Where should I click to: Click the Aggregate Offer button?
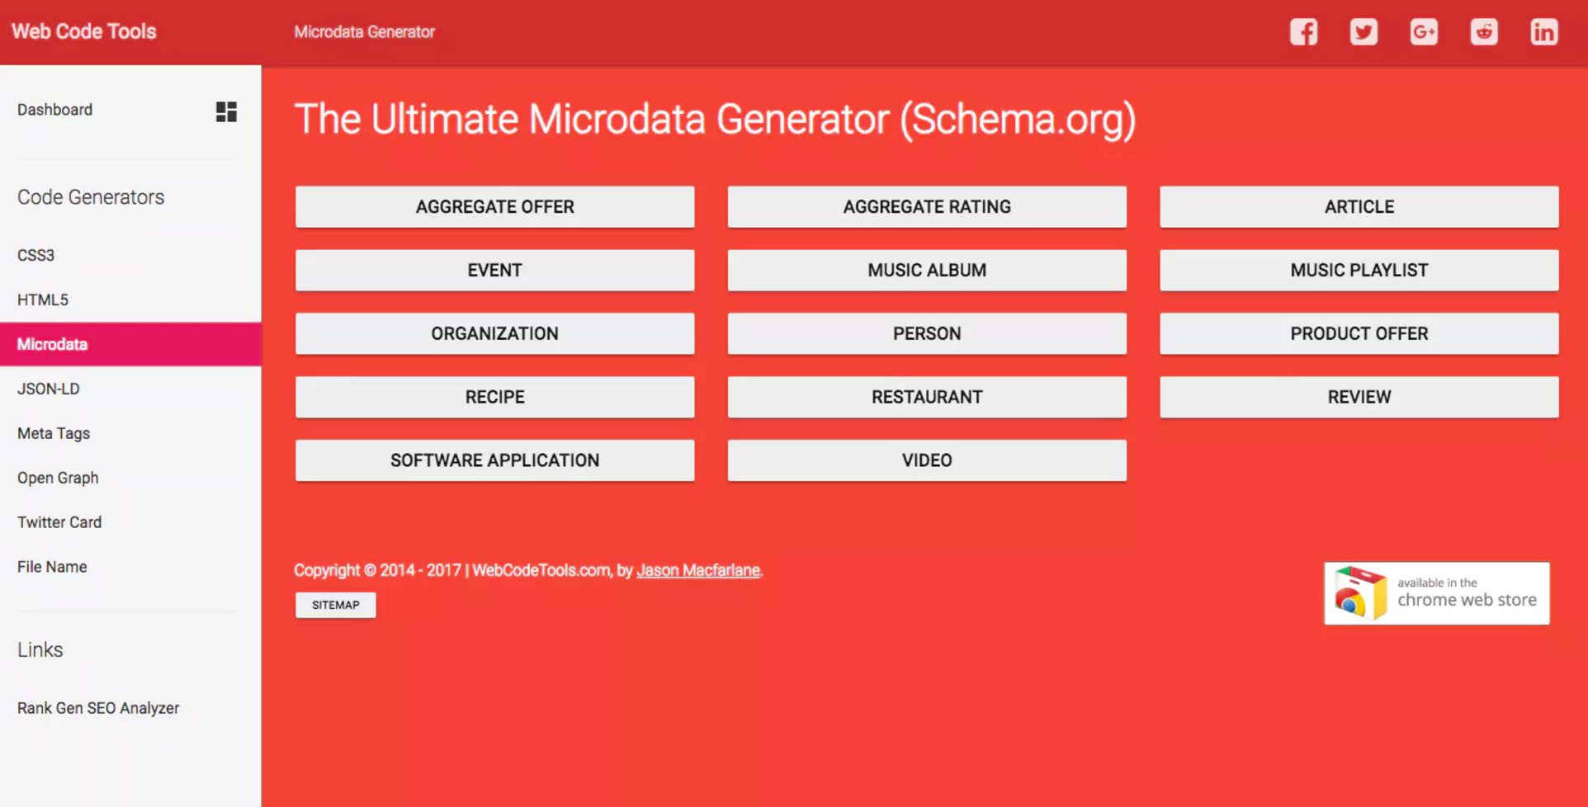tap(494, 207)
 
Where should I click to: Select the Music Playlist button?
tap(1359, 271)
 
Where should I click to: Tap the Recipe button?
tap(494, 397)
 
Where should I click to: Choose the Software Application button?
tap(494, 460)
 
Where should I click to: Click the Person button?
tap(926, 333)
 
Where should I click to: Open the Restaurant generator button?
tap(926, 397)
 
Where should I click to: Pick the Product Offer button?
tap(1359, 333)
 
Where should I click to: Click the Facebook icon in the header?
tap(1303, 32)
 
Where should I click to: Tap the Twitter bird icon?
tap(1364, 32)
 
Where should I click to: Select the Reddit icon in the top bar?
tap(1483, 32)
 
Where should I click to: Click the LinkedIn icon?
tap(1543, 32)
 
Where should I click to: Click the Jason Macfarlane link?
tap(698, 570)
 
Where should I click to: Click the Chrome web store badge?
tap(1436, 593)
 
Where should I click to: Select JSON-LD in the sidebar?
tap(49, 389)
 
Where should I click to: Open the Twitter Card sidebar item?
tap(59, 522)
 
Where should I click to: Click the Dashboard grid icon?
tap(226, 111)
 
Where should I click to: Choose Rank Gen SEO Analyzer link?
tap(98, 708)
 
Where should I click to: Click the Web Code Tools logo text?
tap(83, 31)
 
